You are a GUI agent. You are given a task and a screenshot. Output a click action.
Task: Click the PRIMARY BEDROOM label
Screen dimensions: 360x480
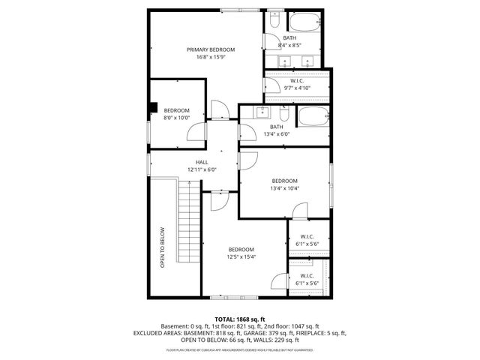point(205,49)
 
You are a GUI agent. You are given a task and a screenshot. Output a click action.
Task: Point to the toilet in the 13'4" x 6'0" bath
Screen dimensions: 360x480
point(284,115)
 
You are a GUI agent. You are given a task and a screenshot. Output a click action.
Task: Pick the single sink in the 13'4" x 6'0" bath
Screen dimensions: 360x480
point(262,113)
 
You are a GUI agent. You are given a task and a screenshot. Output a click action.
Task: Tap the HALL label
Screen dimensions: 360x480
point(202,162)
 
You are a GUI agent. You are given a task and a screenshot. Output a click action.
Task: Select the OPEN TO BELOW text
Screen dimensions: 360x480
point(162,247)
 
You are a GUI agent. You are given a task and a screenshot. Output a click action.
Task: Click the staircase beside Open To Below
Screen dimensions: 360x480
point(188,225)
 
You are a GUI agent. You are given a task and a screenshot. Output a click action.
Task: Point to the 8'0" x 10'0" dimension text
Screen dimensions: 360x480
point(177,117)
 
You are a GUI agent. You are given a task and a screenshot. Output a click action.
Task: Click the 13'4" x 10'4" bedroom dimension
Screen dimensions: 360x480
point(284,188)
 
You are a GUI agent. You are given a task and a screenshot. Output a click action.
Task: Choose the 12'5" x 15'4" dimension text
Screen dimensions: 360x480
point(241,257)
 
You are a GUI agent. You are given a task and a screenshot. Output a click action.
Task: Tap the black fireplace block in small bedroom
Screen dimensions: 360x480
point(154,106)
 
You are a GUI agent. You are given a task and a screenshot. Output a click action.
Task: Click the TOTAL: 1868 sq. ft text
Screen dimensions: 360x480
point(240,319)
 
